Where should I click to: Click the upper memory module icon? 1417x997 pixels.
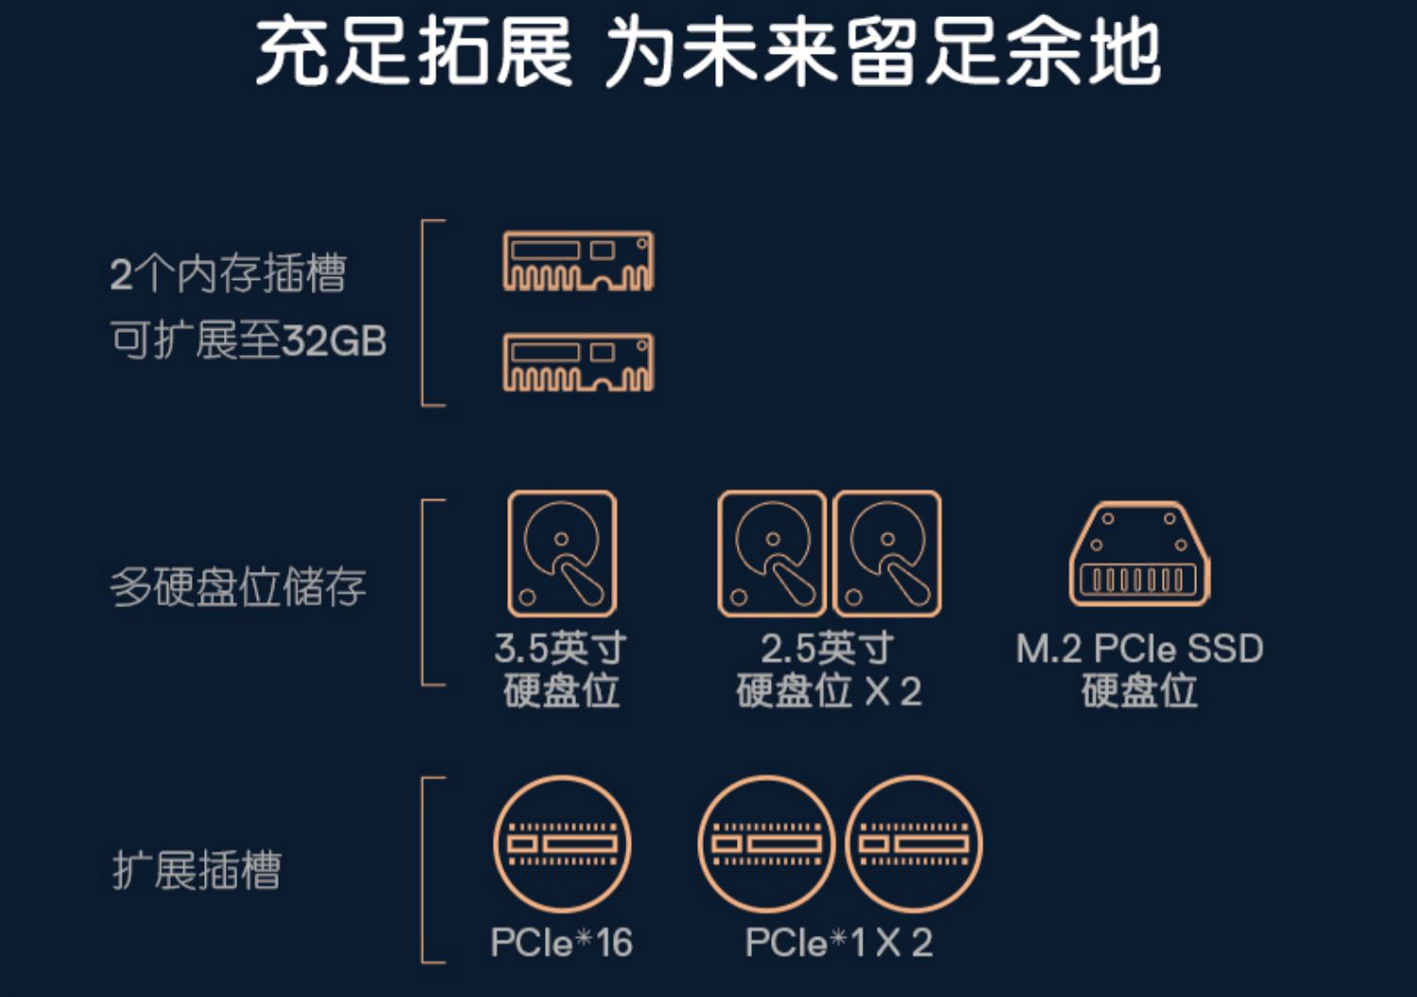[x=578, y=260]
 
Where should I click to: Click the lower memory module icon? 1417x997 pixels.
[x=578, y=362]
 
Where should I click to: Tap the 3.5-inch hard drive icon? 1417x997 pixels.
[x=562, y=553]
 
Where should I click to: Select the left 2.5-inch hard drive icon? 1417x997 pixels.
[x=772, y=553]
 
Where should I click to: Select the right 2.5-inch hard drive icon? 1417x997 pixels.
[x=887, y=553]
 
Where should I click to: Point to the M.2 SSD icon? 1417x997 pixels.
[x=1138, y=553]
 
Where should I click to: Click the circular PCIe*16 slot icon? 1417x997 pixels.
[x=562, y=844]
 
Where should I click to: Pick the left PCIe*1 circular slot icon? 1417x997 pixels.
[x=767, y=844]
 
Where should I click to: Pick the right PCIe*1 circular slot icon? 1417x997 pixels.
[x=913, y=844]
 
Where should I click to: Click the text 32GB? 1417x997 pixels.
[x=333, y=340]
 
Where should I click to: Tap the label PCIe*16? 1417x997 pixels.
[x=562, y=942]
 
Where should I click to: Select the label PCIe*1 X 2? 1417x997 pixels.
[x=839, y=942]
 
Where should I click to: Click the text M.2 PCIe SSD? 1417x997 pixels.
[x=1139, y=648]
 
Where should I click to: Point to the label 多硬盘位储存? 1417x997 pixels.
[x=238, y=587]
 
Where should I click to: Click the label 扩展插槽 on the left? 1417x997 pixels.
[x=196, y=870]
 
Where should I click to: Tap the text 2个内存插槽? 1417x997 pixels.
[x=229, y=273]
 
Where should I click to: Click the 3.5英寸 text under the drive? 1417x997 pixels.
[x=560, y=648]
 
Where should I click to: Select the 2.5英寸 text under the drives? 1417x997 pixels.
[x=828, y=648]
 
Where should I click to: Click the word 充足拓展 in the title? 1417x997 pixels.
[x=414, y=51]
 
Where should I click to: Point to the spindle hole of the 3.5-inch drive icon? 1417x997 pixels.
[x=561, y=539]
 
